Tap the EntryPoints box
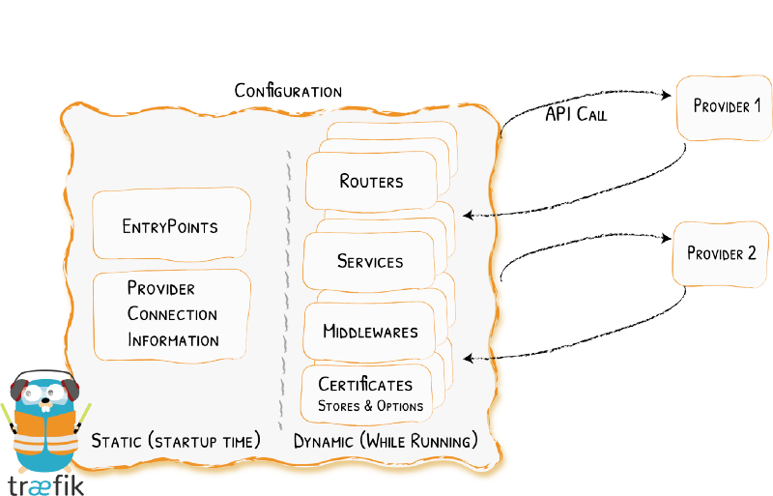coord(171,228)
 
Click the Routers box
coord(371,181)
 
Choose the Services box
coord(369,261)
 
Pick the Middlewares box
coord(370,332)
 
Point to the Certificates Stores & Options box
coord(370,394)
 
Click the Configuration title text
coord(288,92)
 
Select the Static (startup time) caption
coord(176,442)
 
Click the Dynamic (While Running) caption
coord(385,442)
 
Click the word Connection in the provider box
coord(172,314)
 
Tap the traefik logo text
coord(46,483)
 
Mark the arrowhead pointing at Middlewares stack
coord(467,359)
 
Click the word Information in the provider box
coord(173,340)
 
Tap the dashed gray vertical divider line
coord(284,290)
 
